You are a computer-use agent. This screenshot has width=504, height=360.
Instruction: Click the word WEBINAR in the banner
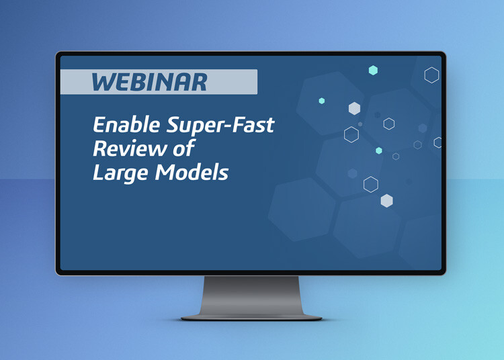coord(149,82)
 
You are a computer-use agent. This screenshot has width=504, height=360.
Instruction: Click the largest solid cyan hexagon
coord(373,71)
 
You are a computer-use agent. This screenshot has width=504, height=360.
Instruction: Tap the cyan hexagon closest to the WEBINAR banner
coord(322,101)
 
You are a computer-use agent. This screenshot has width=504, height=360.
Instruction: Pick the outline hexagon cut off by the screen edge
coord(437,142)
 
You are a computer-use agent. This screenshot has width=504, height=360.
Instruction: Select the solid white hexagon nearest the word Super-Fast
coord(354,108)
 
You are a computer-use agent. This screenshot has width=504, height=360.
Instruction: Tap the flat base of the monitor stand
coord(251,316)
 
